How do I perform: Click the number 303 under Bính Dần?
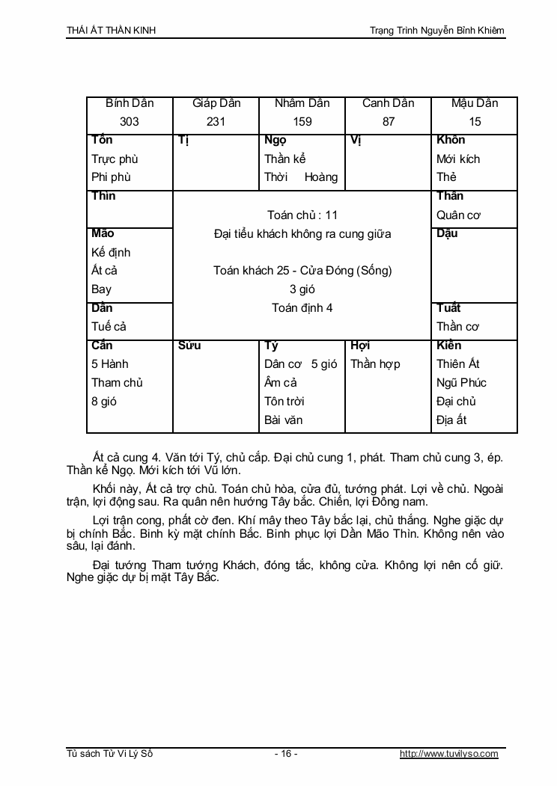(130, 122)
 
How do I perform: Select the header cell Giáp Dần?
(216, 103)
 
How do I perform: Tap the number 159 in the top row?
(302, 122)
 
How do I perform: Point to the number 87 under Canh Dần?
(388, 122)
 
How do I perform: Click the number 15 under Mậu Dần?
(475, 122)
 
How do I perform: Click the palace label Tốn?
(102, 141)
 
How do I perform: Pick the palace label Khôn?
(451, 141)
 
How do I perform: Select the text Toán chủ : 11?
(302, 215)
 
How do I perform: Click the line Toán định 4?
(302, 308)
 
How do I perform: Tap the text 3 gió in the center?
(302, 289)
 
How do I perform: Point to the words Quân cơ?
(458, 215)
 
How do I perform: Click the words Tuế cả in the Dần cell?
(109, 327)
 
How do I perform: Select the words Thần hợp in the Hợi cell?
(375, 364)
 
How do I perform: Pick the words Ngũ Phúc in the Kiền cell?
(461, 383)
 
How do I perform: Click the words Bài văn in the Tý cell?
(284, 420)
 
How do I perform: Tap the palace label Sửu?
(189, 346)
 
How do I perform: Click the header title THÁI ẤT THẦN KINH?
(112, 31)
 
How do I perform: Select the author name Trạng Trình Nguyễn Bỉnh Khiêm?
(437, 31)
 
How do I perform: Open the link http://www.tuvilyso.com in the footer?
(448, 754)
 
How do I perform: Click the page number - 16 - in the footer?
(286, 754)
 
